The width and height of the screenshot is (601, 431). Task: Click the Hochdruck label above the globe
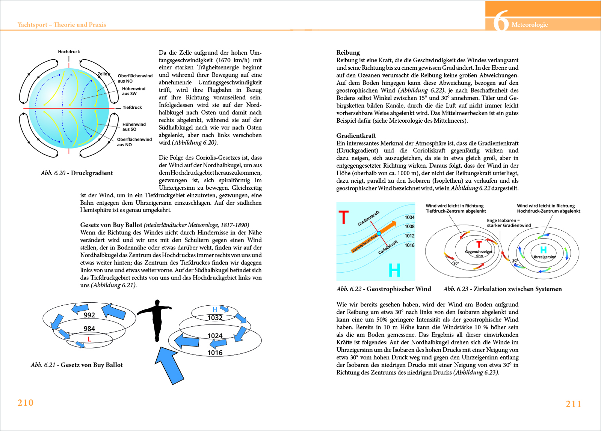(69, 52)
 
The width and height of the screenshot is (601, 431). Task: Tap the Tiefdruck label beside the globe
(132, 107)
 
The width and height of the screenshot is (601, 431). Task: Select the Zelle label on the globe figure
(102, 74)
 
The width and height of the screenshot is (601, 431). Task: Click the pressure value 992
(89, 315)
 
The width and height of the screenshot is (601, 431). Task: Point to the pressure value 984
(89, 329)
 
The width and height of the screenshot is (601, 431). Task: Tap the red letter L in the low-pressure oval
(89, 339)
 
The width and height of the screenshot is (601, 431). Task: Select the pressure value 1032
(215, 318)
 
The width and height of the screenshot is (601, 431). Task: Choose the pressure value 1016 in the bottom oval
(215, 353)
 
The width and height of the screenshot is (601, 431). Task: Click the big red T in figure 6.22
(344, 218)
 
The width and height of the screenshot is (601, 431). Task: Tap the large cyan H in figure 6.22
(394, 270)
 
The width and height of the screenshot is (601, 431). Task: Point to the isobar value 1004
(409, 217)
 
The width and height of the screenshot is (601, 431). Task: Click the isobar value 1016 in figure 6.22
(409, 245)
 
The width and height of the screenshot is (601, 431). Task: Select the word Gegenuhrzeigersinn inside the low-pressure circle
(479, 254)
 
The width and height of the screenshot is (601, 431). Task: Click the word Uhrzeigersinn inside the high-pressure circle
(544, 257)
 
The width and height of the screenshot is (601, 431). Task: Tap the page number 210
(26, 403)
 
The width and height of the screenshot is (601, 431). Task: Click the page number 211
(574, 404)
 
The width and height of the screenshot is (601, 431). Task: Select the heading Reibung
(348, 53)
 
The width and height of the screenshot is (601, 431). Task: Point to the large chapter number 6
(501, 21)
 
